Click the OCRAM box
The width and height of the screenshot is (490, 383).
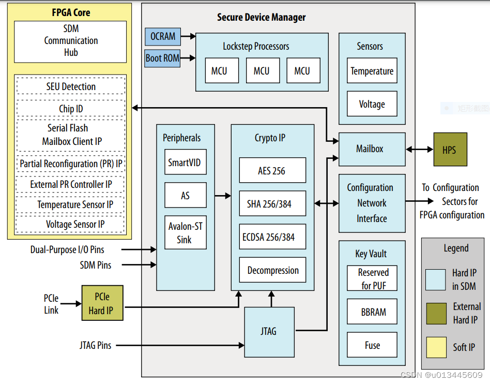coord(163,37)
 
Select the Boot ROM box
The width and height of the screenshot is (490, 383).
coord(163,58)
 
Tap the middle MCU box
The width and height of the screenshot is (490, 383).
coord(262,70)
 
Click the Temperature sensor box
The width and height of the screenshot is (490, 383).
coord(372,71)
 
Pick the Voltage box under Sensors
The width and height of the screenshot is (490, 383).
coord(372,104)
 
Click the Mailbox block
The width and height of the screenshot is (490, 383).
coord(370,149)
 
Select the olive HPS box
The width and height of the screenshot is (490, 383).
coord(450,150)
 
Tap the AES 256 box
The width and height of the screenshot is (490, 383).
coord(272,171)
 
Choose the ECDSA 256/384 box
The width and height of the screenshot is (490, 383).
coord(272,237)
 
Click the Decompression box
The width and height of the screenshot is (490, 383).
coord(272,270)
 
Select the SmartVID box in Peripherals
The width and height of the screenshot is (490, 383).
coord(185,163)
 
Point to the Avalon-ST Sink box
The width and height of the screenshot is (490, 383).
coord(185,232)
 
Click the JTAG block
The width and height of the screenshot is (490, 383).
coord(269,332)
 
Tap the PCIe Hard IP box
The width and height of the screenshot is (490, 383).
coord(102,303)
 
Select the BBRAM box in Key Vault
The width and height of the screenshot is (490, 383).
coord(372,312)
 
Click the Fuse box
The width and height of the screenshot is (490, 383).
coord(372,345)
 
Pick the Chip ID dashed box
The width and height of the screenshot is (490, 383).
coord(71,109)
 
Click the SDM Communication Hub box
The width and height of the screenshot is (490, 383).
coord(71,41)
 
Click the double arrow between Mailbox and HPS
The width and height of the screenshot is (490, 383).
coord(419,150)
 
